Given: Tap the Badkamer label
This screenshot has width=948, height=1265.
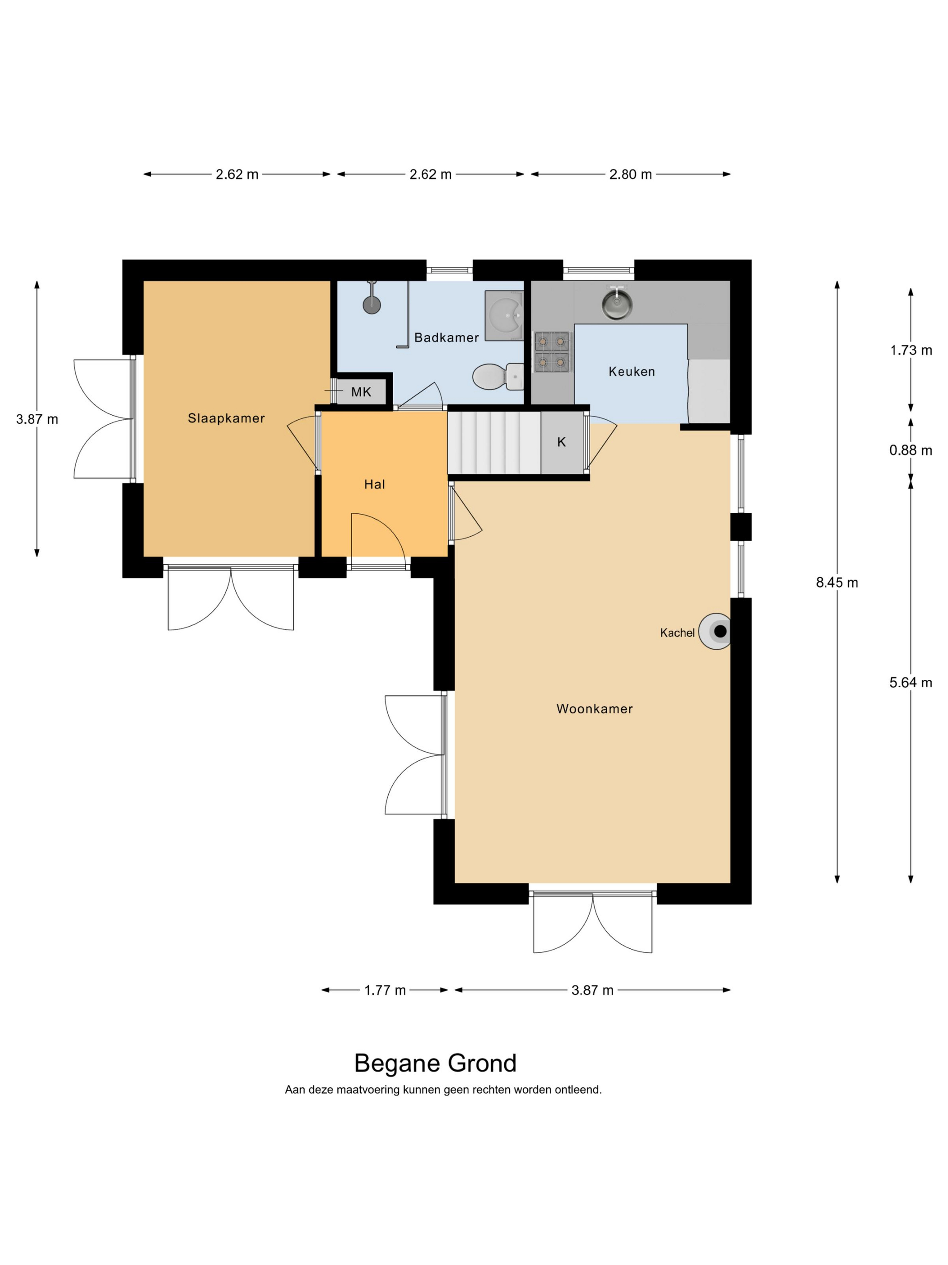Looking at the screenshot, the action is [446, 337].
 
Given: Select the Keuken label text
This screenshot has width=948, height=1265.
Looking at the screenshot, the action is [632, 371].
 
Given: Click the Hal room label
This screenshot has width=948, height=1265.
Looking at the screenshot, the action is [374, 484].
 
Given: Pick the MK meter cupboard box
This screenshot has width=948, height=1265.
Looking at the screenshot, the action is [361, 392].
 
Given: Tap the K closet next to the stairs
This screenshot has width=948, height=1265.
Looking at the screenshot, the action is [562, 442].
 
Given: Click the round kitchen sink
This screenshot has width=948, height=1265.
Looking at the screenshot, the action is [616, 303].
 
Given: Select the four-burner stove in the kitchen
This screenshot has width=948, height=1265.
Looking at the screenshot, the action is [553, 351].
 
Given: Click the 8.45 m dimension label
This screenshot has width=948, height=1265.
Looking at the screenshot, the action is [836, 583].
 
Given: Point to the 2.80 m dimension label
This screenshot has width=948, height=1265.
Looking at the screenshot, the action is [630, 174].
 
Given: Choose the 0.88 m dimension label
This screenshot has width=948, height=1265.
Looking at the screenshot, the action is [910, 450].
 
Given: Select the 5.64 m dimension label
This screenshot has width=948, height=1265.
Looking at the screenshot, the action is [910, 683].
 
